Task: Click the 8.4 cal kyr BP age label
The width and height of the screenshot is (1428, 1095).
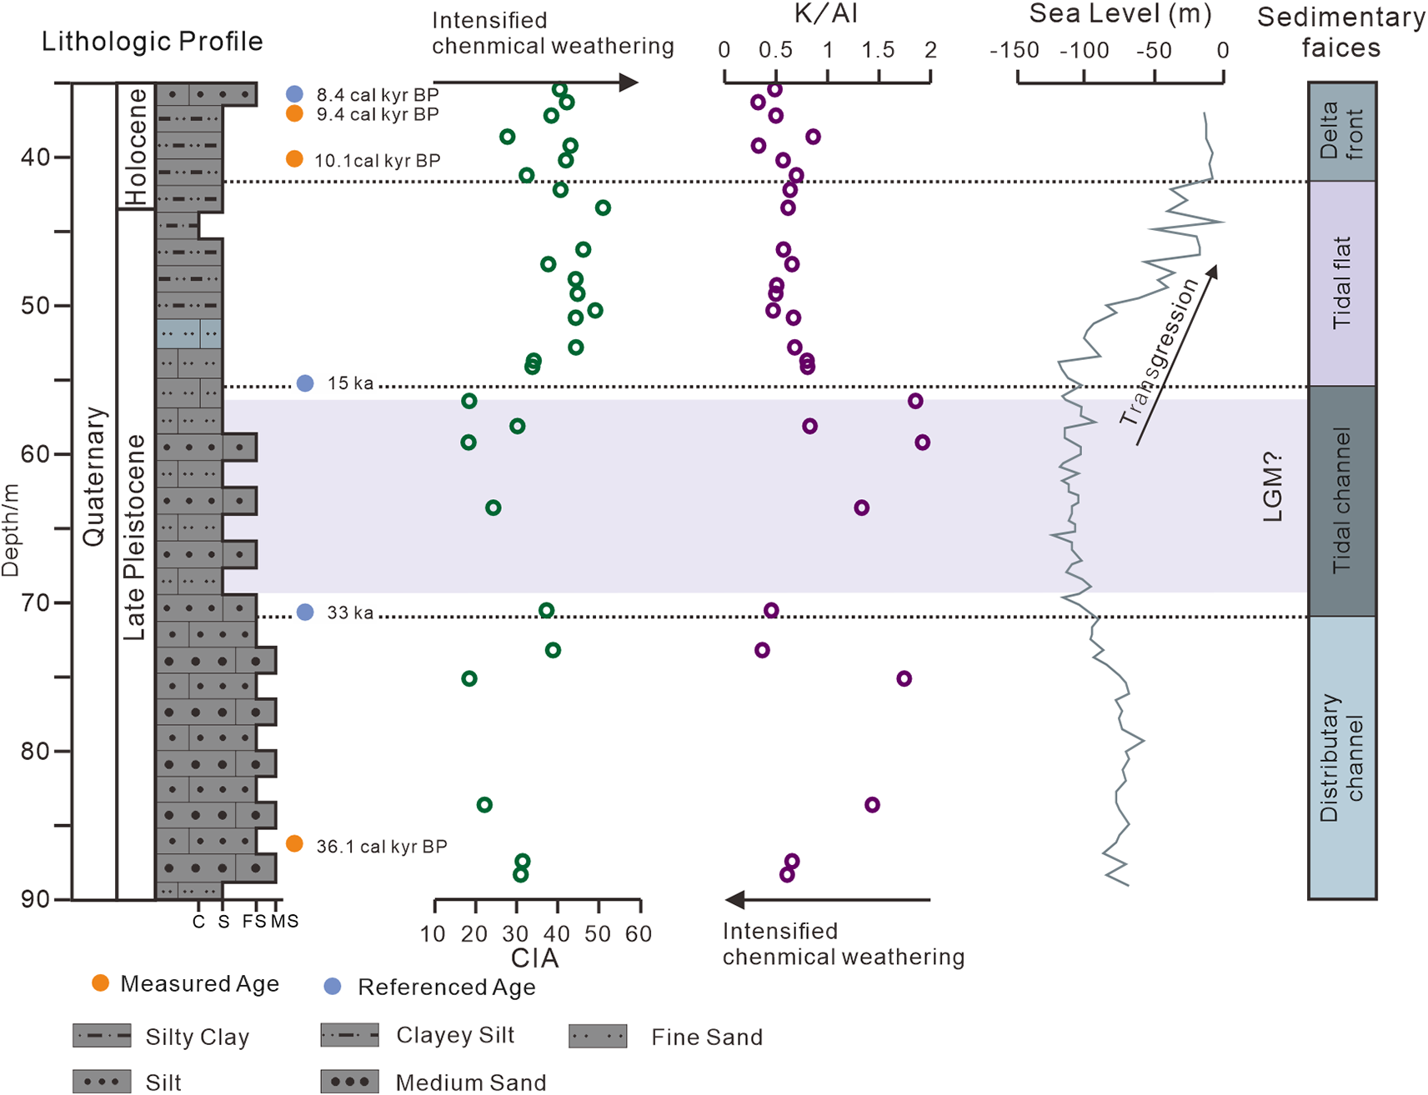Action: pos(377,95)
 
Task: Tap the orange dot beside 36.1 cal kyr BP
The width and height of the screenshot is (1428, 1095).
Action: pos(294,844)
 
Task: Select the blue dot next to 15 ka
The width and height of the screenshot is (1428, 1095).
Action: pos(305,383)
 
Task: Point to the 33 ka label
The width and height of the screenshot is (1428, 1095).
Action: pos(350,612)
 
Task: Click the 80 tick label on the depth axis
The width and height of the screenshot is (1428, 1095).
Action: pos(35,752)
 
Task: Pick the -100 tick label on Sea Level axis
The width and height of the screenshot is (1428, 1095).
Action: pos(1084,51)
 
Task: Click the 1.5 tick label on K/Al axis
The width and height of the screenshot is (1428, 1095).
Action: pos(878,51)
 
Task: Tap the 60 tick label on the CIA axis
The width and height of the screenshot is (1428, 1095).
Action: pos(639,934)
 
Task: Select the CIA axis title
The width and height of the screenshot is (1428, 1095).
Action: pos(535,958)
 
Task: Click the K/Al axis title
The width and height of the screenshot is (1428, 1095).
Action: pos(827,14)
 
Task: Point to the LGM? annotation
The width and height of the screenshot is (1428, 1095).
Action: pos(1272,487)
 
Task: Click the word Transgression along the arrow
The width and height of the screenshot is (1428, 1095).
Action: pos(1159,352)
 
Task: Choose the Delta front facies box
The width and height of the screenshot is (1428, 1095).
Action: pos(1341,132)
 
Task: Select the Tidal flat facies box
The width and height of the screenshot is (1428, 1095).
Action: pos(1341,283)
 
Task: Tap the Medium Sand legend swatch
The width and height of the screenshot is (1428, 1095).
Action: pos(350,1082)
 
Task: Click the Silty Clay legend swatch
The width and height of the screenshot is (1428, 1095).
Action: pos(102,1036)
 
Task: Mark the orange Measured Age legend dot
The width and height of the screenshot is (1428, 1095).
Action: pos(100,983)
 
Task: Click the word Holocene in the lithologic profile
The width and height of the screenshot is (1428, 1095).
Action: pos(135,147)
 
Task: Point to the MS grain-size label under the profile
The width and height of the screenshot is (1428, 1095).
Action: pos(284,921)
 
